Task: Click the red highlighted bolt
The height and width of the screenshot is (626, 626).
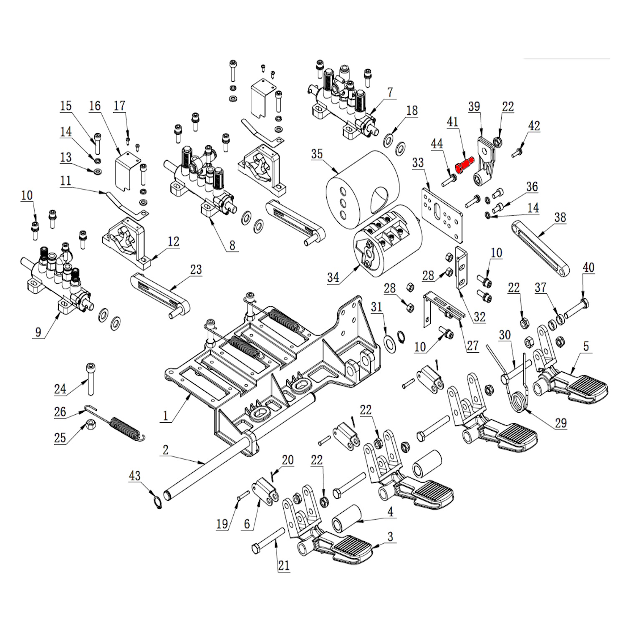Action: (464, 164)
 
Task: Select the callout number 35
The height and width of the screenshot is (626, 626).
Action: (317, 154)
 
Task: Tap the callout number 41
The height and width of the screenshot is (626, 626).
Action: (453, 121)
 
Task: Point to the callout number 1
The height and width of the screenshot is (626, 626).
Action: (166, 416)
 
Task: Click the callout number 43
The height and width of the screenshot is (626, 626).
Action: (134, 476)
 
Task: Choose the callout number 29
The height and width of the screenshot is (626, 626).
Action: (561, 423)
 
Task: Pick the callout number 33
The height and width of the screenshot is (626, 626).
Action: (418, 163)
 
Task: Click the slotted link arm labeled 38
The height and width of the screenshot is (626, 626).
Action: (540, 248)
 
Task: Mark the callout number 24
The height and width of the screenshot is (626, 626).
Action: (60, 389)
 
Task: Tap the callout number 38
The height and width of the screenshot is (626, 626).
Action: (560, 217)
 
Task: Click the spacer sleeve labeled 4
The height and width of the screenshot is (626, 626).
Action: (346, 518)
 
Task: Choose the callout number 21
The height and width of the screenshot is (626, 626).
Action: (284, 565)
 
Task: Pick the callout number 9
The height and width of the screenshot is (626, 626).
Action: (38, 332)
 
